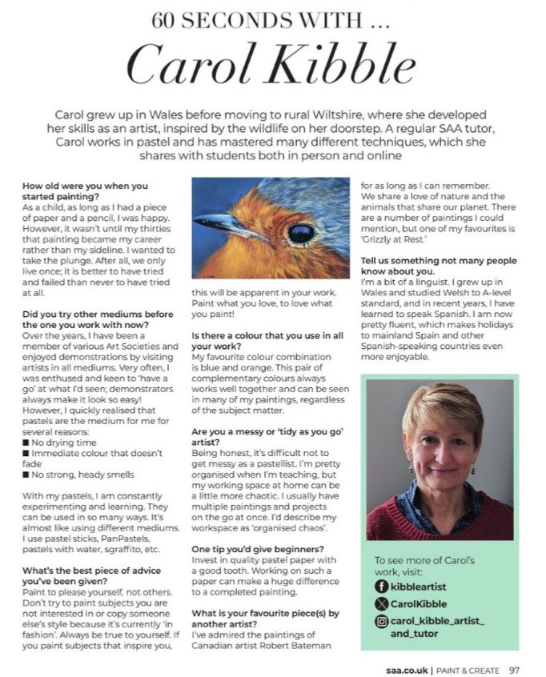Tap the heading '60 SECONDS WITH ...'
(272, 20)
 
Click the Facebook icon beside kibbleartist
(383, 587)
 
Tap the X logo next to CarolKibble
(383, 604)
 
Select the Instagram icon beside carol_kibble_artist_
(383, 621)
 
